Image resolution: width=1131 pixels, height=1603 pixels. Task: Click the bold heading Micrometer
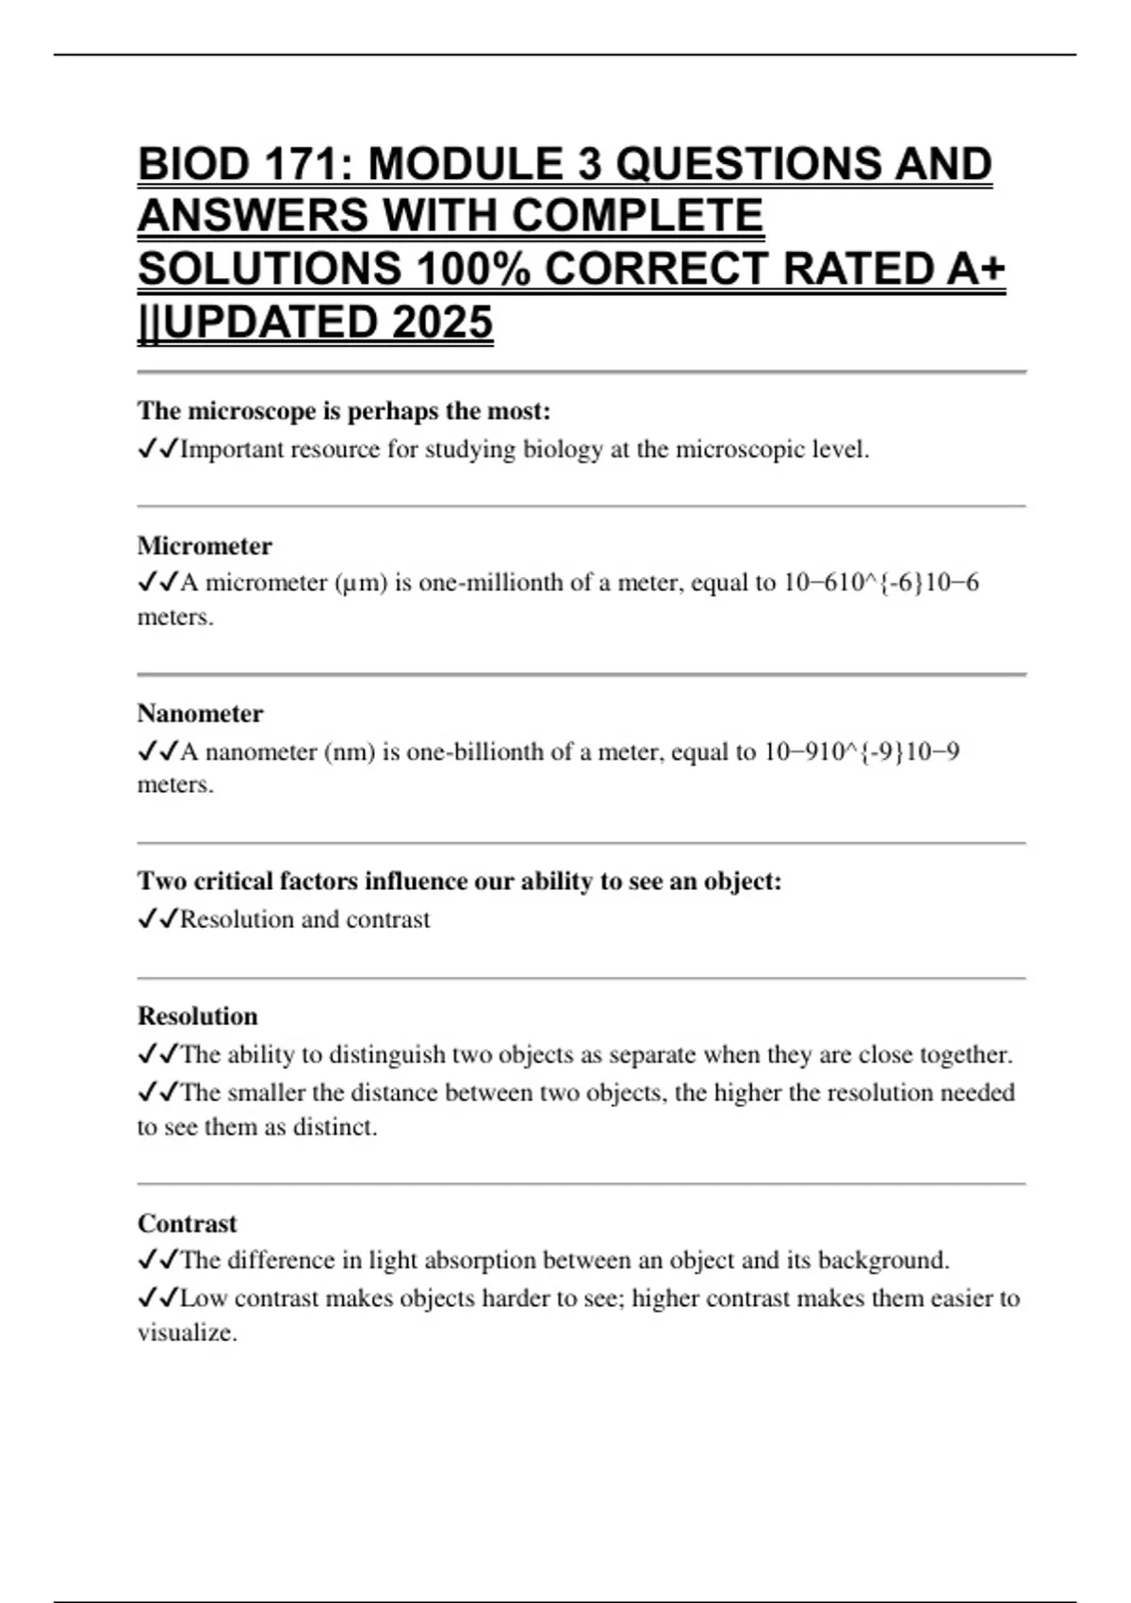coord(205,546)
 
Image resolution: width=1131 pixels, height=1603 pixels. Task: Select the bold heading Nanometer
coord(200,713)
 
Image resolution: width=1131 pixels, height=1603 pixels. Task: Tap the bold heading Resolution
coord(197,1016)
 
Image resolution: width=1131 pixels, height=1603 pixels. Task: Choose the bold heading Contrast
coord(187,1223)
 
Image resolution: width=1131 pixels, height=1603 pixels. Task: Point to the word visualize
coord(186,1332)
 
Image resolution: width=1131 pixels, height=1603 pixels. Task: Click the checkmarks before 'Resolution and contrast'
coord(157,919)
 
